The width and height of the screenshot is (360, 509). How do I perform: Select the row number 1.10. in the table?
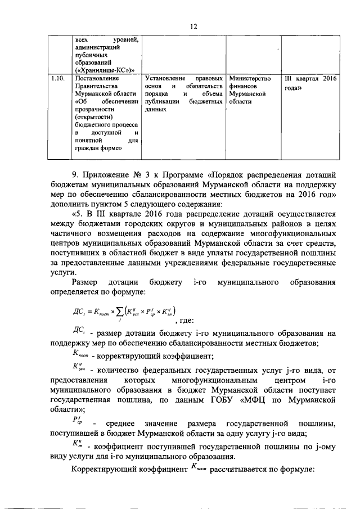pos(57,79)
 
